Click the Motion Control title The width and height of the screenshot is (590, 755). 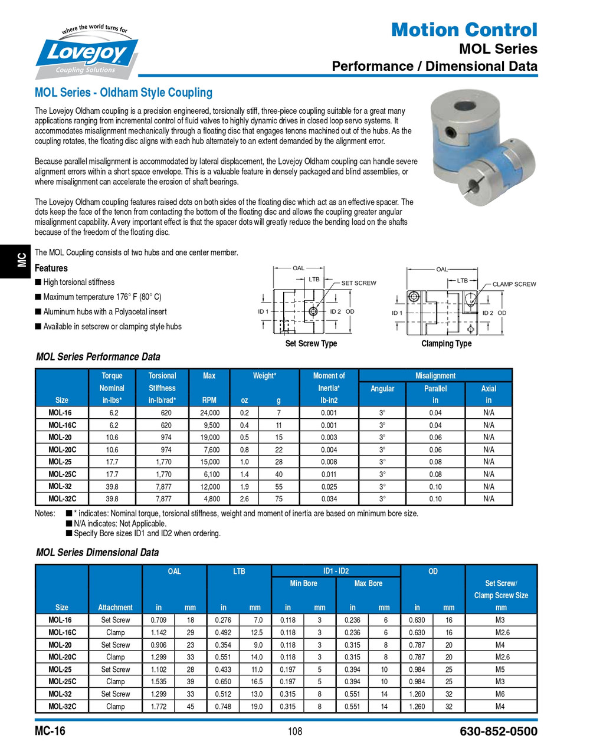click(x=464, y=29)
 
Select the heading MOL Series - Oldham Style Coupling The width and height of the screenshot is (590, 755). click(x=123, y=93)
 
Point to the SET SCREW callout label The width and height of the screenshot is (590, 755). click(x=358, y=283)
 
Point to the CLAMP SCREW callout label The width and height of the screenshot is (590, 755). click(x=514, y=284)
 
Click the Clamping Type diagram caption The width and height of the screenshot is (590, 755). click(x=446, y=344)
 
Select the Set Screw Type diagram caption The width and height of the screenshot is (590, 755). click(x=311, y=344)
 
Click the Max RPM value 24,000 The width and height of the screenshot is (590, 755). click(x=209, y=413)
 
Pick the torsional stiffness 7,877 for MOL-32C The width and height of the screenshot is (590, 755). click(x=163, y=499)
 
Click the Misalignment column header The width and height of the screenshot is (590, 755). click(x=435, y=376)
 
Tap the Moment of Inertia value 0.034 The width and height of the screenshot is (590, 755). click(x=329, y=499)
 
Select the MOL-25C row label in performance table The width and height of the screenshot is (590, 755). click(x=62, y=474)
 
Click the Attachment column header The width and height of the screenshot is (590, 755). click(x=115, y=608)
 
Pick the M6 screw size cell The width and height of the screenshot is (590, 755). click(x=500, y=694)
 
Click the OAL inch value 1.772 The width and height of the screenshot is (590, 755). click(x=158, y=707)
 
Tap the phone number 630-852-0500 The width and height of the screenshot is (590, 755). click(x=498, y=732)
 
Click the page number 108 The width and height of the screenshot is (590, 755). click(x=295, y=732)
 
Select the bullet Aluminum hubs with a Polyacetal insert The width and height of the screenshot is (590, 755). click(x=104, y=312)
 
